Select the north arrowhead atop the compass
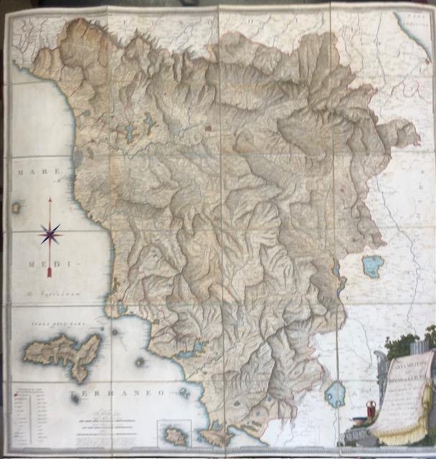[50, 202]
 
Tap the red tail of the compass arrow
[49, 271]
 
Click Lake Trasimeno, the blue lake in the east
[372, 266]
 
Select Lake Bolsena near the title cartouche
[335, 394]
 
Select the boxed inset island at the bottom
[174, 433]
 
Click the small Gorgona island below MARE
[16, 207]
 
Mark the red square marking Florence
[209, 129]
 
